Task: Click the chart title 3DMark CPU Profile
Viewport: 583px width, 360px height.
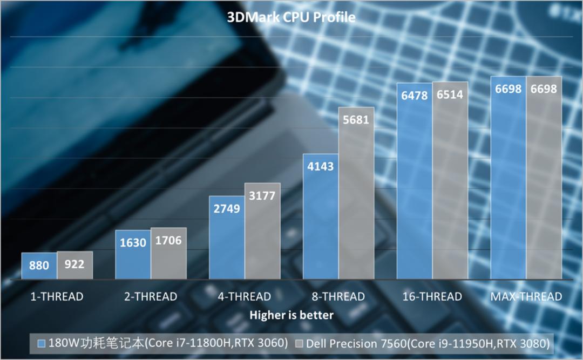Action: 291,17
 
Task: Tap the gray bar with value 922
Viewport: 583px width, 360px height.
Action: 74,265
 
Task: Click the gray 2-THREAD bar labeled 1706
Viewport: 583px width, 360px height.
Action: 168,253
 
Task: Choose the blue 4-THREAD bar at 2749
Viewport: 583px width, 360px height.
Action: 227,237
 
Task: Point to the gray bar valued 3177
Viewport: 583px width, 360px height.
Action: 262,231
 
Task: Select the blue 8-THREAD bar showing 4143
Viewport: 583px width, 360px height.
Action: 321,216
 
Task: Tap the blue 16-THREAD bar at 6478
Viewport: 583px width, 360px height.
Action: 415,181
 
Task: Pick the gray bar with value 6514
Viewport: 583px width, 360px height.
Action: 450,180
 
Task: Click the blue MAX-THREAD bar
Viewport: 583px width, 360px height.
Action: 508,178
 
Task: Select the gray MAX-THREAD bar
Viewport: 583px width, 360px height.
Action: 544,178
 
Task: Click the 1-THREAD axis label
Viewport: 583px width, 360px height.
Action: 57,296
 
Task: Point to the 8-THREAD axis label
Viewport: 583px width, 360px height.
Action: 338,296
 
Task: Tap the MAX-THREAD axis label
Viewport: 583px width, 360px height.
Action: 526,296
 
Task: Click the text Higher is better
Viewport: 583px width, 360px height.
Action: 291,315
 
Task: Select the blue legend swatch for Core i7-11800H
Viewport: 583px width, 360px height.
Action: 41,343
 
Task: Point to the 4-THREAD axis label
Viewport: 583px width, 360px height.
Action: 245,296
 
